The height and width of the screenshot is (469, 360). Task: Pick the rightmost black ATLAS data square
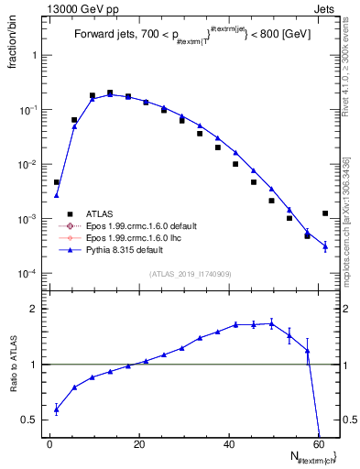[325, 213]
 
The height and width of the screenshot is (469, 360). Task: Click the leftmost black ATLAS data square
[57, 182]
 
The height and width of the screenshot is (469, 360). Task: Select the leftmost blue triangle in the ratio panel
[57, 409]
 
